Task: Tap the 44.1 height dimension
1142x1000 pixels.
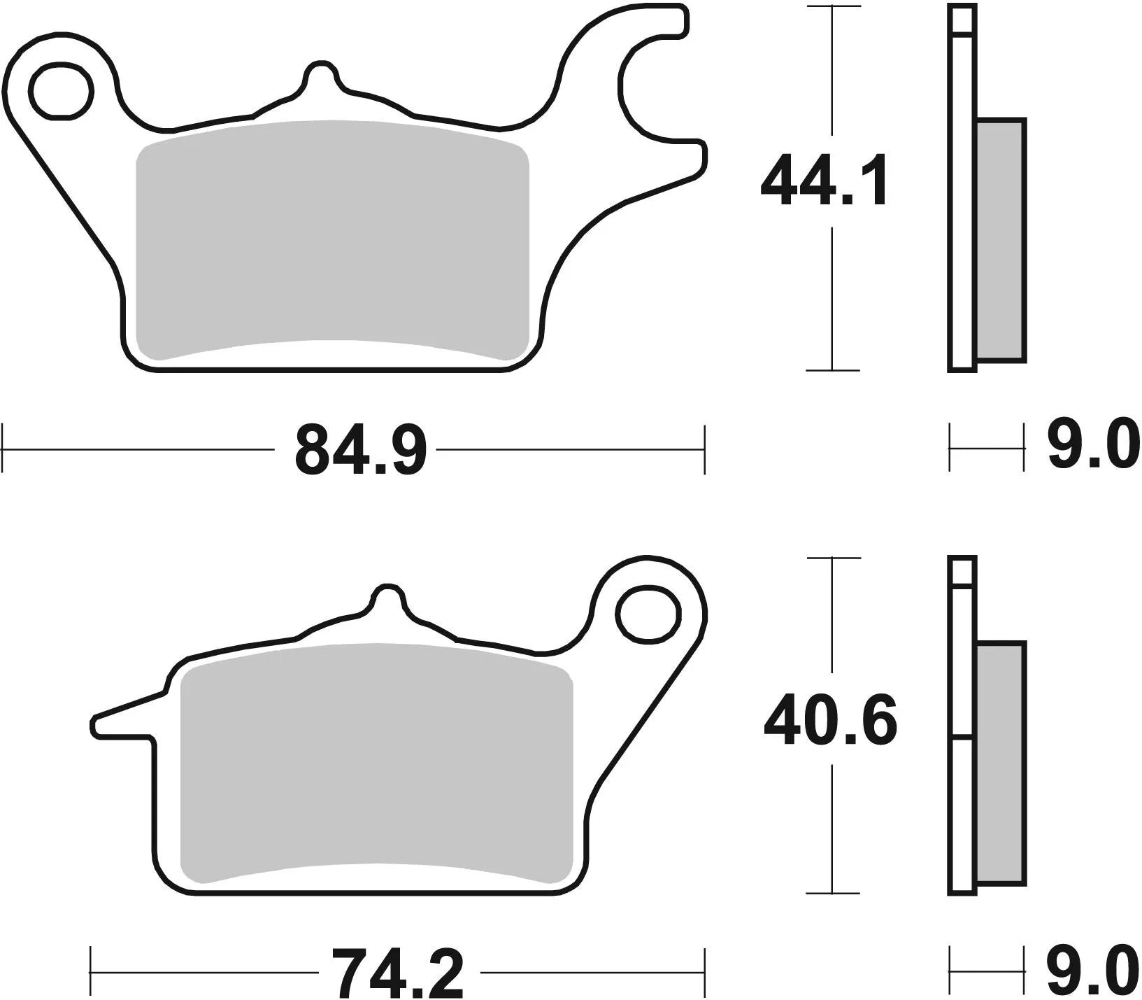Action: (825, 182)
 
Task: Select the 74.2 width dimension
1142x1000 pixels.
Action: (398, 973)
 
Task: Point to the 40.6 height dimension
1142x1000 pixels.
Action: (829, 721)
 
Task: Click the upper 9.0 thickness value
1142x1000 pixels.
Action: (1093, 446)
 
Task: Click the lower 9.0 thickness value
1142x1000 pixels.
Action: (1093, 972)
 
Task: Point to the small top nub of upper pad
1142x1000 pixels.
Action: (322, 74)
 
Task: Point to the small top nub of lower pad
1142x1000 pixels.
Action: (387, 598)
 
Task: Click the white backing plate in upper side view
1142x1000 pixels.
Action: (962, 210)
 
